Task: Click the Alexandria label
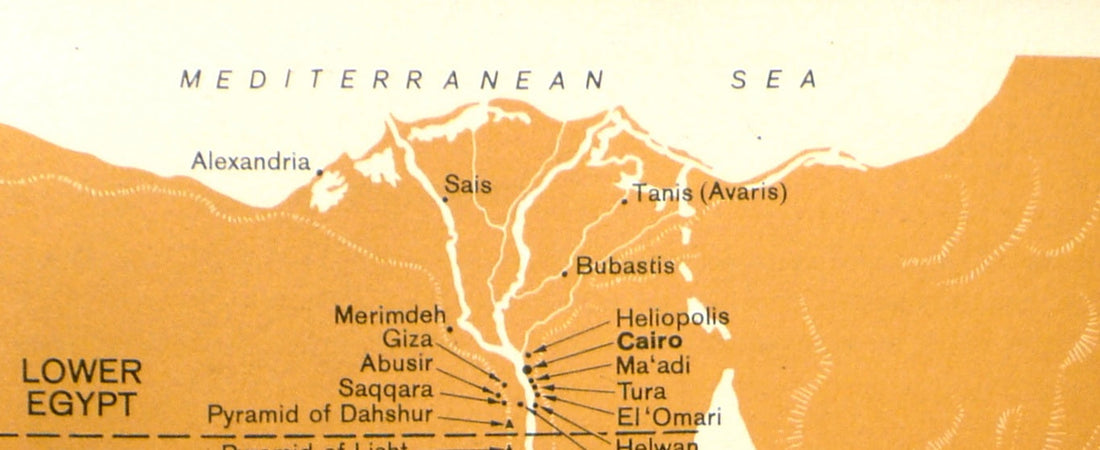[x=251, y=162]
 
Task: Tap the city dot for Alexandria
[x=319, y=172]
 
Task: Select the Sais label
[x=468, y=185]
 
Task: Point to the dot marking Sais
[x=445, y=199]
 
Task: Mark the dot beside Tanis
[x=626, y=201]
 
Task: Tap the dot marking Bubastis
[x=565, y=272]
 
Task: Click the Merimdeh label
[x=390, y=316]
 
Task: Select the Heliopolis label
[x=672, y=318]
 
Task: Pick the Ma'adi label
[x=652, y=366]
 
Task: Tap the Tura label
[x=640, y=391]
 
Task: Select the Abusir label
[x=397, y=364]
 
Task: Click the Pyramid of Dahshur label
[x=320, y=414]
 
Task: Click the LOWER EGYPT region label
[x=81, y=389]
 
